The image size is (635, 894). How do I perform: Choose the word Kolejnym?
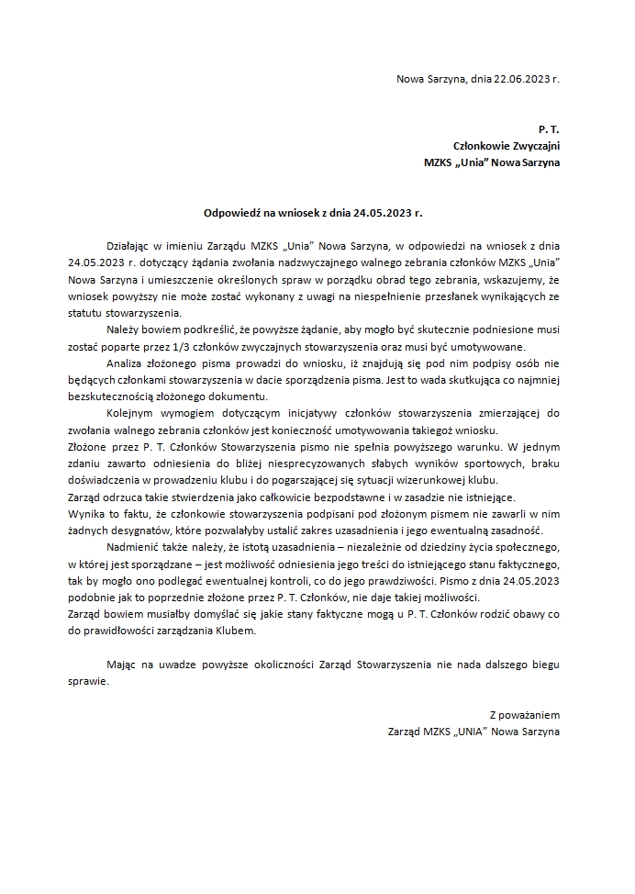click(131, 414)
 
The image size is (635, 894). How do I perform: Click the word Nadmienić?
click(134, 548)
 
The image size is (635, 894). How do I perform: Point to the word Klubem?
click(232, 631)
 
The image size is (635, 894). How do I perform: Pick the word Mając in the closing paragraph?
click(123, 665)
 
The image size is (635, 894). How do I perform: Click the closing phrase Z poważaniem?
click(524, 715)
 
